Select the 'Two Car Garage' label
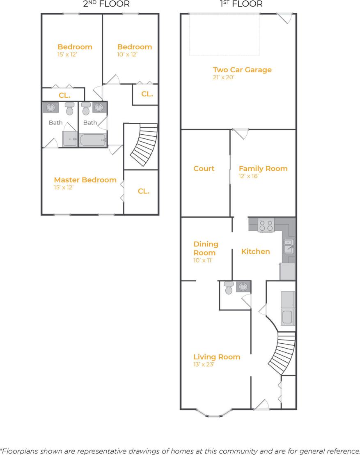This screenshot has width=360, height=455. pyautogui.click(x=242, y=70)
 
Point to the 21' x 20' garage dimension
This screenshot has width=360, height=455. pyautogui.click(x=223, y=77)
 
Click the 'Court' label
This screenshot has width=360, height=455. pyautogui.click(x=204, y=168)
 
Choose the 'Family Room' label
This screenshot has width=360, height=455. pyautogui.click(x=263, y=168)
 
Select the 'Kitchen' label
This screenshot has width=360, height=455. pyautogui.click(x=255, y=251)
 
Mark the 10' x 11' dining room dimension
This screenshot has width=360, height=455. pyautogui.click(x=203, y=260)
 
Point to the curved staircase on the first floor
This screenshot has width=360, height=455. pyautogui.click(x=282, y=352)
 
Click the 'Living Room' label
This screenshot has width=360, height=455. pyautogui.click(x=217, y=357)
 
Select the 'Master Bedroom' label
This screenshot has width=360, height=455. pyautogui.click(x=85, y=180)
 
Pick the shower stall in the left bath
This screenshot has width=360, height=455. pyautogui.click(x=70, y=139)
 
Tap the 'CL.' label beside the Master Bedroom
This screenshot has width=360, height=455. pyautogui.click(x=143, y=191)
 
